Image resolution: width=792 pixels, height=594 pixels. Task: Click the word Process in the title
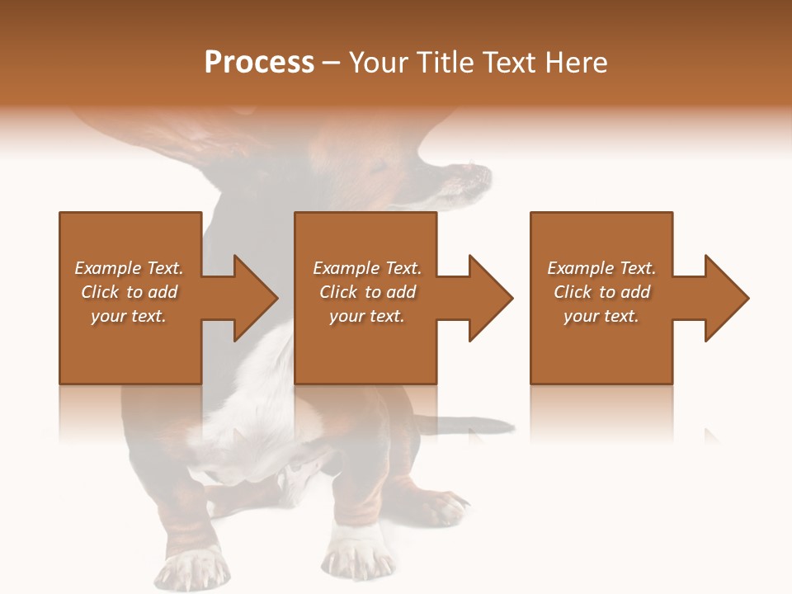tap(259, 63)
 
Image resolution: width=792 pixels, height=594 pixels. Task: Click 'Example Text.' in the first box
tap(130, 268)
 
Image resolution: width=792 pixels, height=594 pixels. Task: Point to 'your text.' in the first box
tap(130, 316)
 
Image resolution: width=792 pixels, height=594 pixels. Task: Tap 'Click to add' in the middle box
tap(367, 292)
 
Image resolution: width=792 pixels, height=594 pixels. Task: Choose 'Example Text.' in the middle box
tap(367, 268)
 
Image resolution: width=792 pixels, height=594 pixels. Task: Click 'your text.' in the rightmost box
tap(601, 316)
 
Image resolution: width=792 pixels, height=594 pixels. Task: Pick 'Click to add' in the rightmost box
tap(601, 292)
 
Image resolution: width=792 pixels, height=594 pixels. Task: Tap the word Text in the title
tap(508, 63)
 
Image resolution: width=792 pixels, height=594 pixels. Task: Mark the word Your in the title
tap(379, 63)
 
